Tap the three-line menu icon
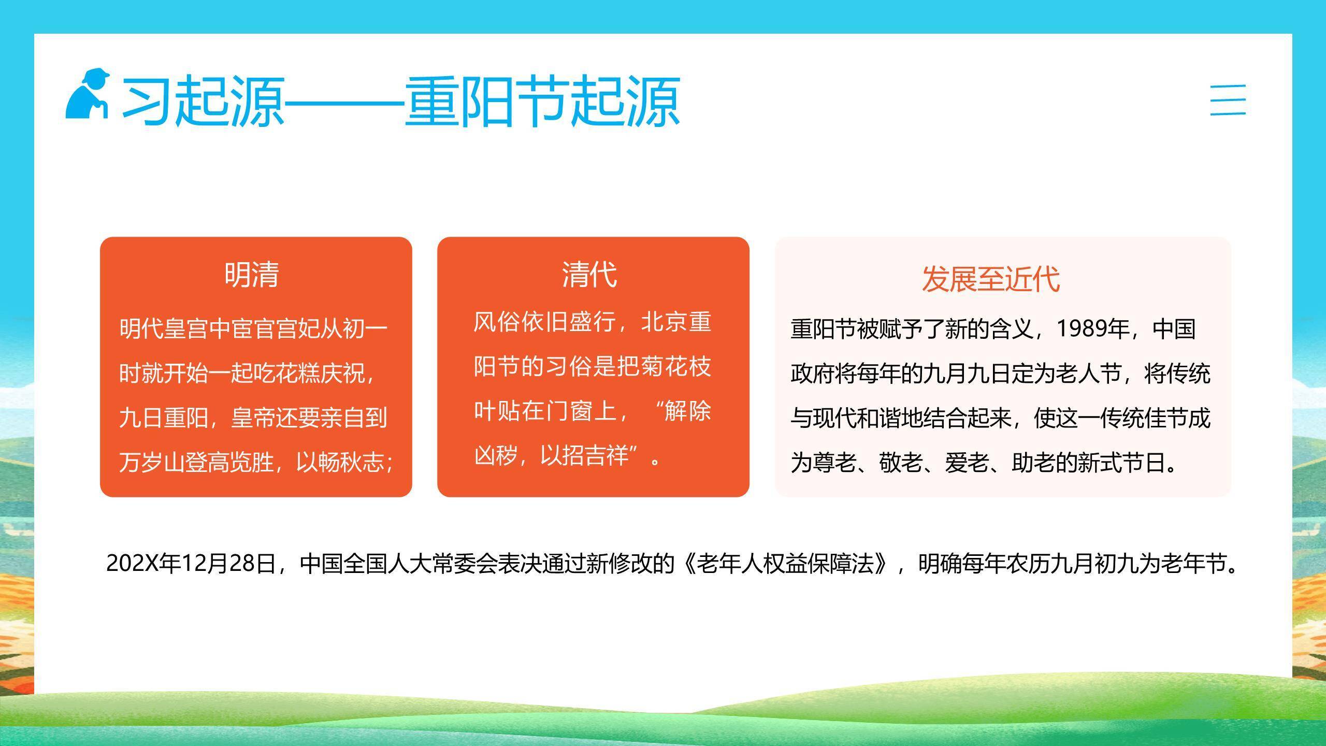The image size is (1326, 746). tap(1228, 100)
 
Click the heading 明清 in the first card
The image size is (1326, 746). tap(252, 275)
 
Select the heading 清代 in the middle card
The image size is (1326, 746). tap(589, 275)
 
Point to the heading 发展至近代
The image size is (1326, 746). tap(990, 279)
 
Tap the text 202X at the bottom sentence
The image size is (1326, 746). tap(133, 563)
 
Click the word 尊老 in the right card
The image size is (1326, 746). tap(834, 463)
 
